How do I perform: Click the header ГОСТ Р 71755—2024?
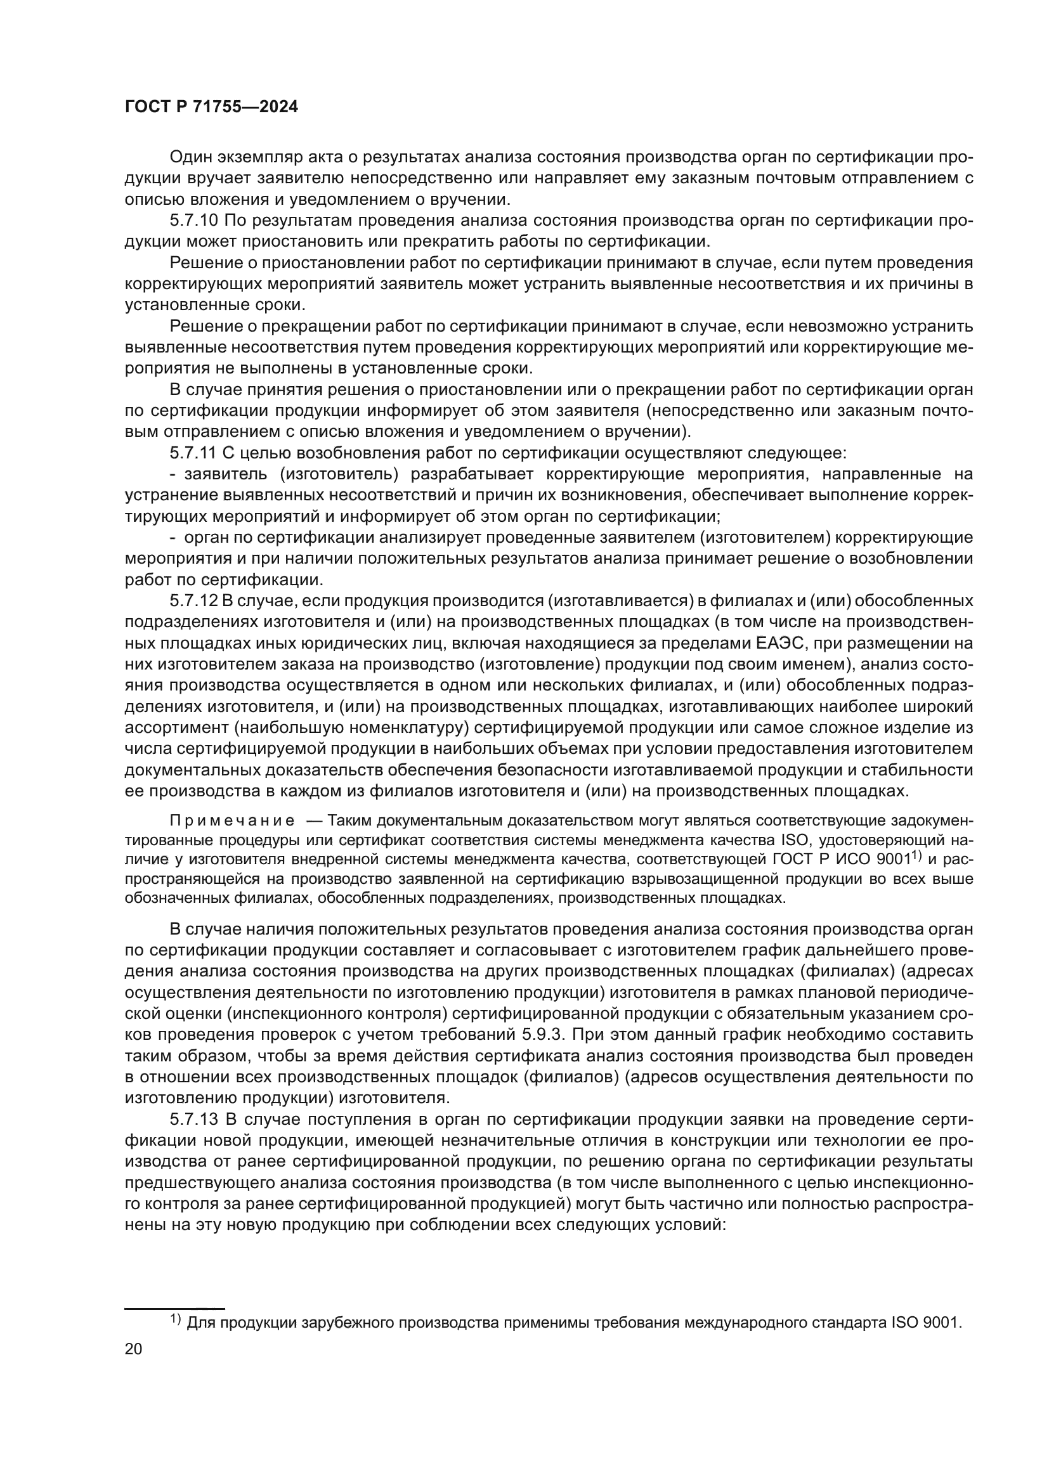211,107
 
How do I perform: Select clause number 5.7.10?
194,221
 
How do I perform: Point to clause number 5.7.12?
194,600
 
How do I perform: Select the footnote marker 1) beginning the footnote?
175,1319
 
